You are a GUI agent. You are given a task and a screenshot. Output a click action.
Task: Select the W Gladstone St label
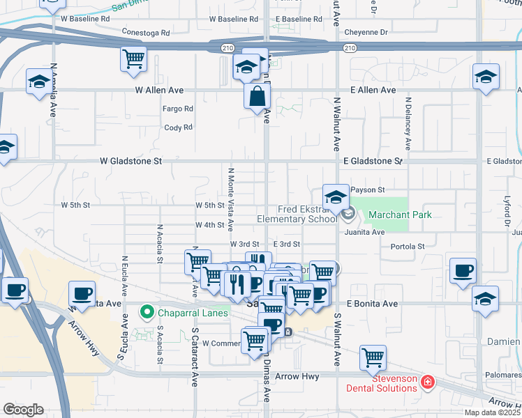[x=130, y=161]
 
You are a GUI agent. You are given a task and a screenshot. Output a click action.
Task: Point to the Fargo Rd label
[x=178, y=109]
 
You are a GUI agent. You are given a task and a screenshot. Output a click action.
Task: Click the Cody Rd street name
[x=178, y=127]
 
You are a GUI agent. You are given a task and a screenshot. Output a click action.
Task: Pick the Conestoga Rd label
[x=146, y=33]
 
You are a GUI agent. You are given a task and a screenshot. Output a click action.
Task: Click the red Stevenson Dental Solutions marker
[x=427, y=382]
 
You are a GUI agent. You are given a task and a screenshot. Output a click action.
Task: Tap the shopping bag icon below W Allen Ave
[x=257, y=96]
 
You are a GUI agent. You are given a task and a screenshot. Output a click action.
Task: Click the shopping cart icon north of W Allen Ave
[x=133, y=58]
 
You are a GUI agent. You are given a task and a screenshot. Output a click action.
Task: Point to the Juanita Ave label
[x=368, y=232]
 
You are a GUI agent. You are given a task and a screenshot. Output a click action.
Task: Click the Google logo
[x=22, y=410]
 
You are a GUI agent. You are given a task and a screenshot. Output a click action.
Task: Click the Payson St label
[x=368, y=189]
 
